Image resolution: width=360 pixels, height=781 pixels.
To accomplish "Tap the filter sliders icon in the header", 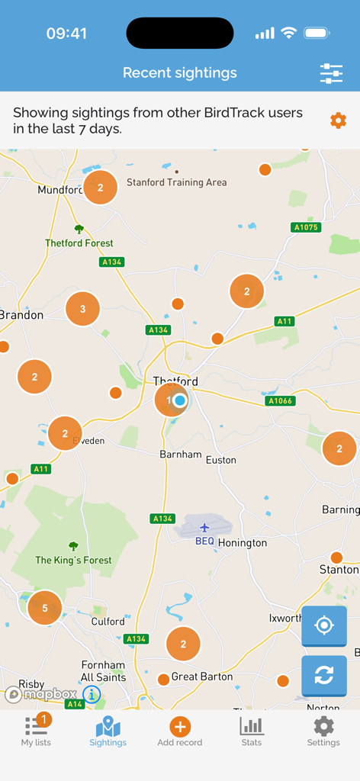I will point(331,73).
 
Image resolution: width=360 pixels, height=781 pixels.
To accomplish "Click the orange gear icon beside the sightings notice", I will point(338,121).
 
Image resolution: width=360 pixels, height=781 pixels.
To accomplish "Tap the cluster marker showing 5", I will point(45,608).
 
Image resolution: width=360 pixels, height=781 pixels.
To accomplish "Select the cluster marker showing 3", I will point(83,309).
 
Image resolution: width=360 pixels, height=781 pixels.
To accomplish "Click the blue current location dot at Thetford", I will point(180,400).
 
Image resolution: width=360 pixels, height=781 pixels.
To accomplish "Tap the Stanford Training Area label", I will point(176,182).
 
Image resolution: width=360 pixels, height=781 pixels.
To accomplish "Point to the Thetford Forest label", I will point(79,243).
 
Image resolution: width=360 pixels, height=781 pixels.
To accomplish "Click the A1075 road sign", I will point(305,227).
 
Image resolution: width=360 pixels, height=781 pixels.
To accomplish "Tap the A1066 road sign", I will point(280,400).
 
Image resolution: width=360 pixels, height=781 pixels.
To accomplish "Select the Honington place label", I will point(243,543).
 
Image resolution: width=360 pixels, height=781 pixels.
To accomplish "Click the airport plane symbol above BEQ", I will point(204,528).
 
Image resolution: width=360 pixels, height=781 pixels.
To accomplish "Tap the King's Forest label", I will point(73,560).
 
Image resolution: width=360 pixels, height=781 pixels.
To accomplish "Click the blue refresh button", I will point(324,675).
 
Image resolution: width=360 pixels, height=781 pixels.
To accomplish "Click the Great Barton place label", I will point(202,677).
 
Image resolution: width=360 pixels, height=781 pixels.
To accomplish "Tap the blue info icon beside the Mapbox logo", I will point(92,695).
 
